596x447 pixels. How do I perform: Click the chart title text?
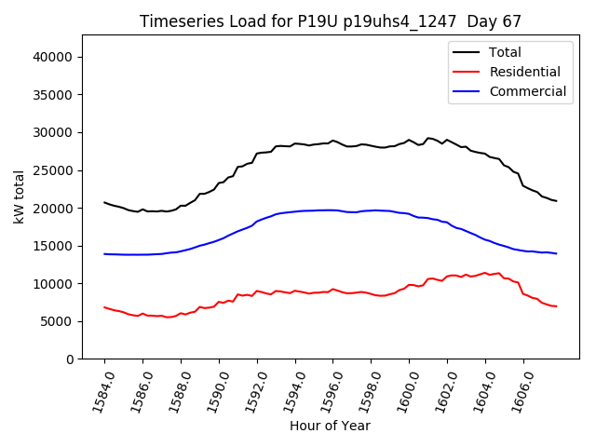coord(331,21)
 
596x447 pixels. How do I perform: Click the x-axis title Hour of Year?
coord(330,426)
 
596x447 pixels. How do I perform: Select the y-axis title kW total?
coord(19,196)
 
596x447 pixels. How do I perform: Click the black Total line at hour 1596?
coord(333,141)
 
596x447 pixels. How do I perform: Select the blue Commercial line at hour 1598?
coord(372,210)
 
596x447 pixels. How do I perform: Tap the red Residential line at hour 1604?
coord(485,273)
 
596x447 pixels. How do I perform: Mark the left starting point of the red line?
coord(104,307)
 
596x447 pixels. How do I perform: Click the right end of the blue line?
coord(556,253)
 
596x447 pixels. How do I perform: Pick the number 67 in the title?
coord(510,21)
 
